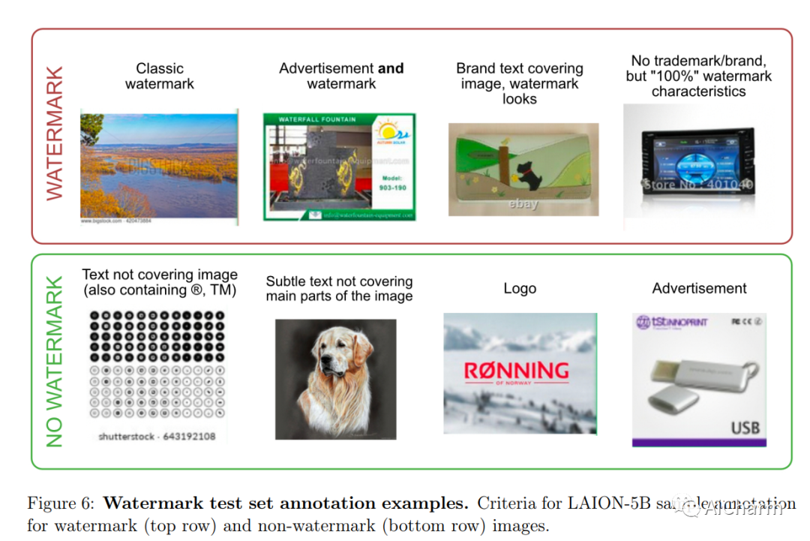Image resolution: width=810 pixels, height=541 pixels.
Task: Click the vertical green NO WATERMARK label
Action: (x=55, y=362)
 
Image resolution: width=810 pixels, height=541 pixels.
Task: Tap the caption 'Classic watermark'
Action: (x=160, y=76)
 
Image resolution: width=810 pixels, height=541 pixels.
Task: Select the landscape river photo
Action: (x=159, y=167)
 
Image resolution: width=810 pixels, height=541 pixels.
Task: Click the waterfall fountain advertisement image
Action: (x=339, y=167)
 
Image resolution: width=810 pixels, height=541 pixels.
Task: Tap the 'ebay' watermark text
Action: (x=523, y=203)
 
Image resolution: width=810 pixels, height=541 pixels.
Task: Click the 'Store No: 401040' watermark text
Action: (x=697, y=183)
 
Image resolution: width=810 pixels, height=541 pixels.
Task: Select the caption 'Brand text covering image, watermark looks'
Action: (x=520, y=83)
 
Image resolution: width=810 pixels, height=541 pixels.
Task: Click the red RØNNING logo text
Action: (x=516, y=371)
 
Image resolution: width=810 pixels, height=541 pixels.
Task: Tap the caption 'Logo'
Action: (x=520, y=289)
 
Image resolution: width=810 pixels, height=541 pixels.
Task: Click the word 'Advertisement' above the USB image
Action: (x=699, y=288)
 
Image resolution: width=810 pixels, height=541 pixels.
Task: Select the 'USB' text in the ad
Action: (x=745, y=428)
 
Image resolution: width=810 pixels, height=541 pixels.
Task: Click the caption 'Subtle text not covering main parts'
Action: (x=339, y=289)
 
